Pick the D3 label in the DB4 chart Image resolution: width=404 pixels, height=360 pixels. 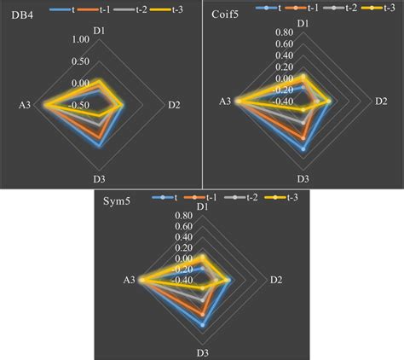coord(100,178)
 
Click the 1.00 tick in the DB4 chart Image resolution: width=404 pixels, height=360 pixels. coord(80,40)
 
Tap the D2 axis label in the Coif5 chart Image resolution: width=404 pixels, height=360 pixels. coord(383,102)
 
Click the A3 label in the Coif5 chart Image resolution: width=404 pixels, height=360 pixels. coord(225,102)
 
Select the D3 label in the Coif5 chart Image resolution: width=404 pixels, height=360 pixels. coord(303,178)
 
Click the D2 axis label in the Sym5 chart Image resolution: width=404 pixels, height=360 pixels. coord(276,280)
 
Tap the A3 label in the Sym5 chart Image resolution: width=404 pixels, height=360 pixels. coord(129,280)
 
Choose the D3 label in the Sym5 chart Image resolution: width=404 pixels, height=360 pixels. coord(202,352)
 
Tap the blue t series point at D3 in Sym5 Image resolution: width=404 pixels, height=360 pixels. coord(202,324)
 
